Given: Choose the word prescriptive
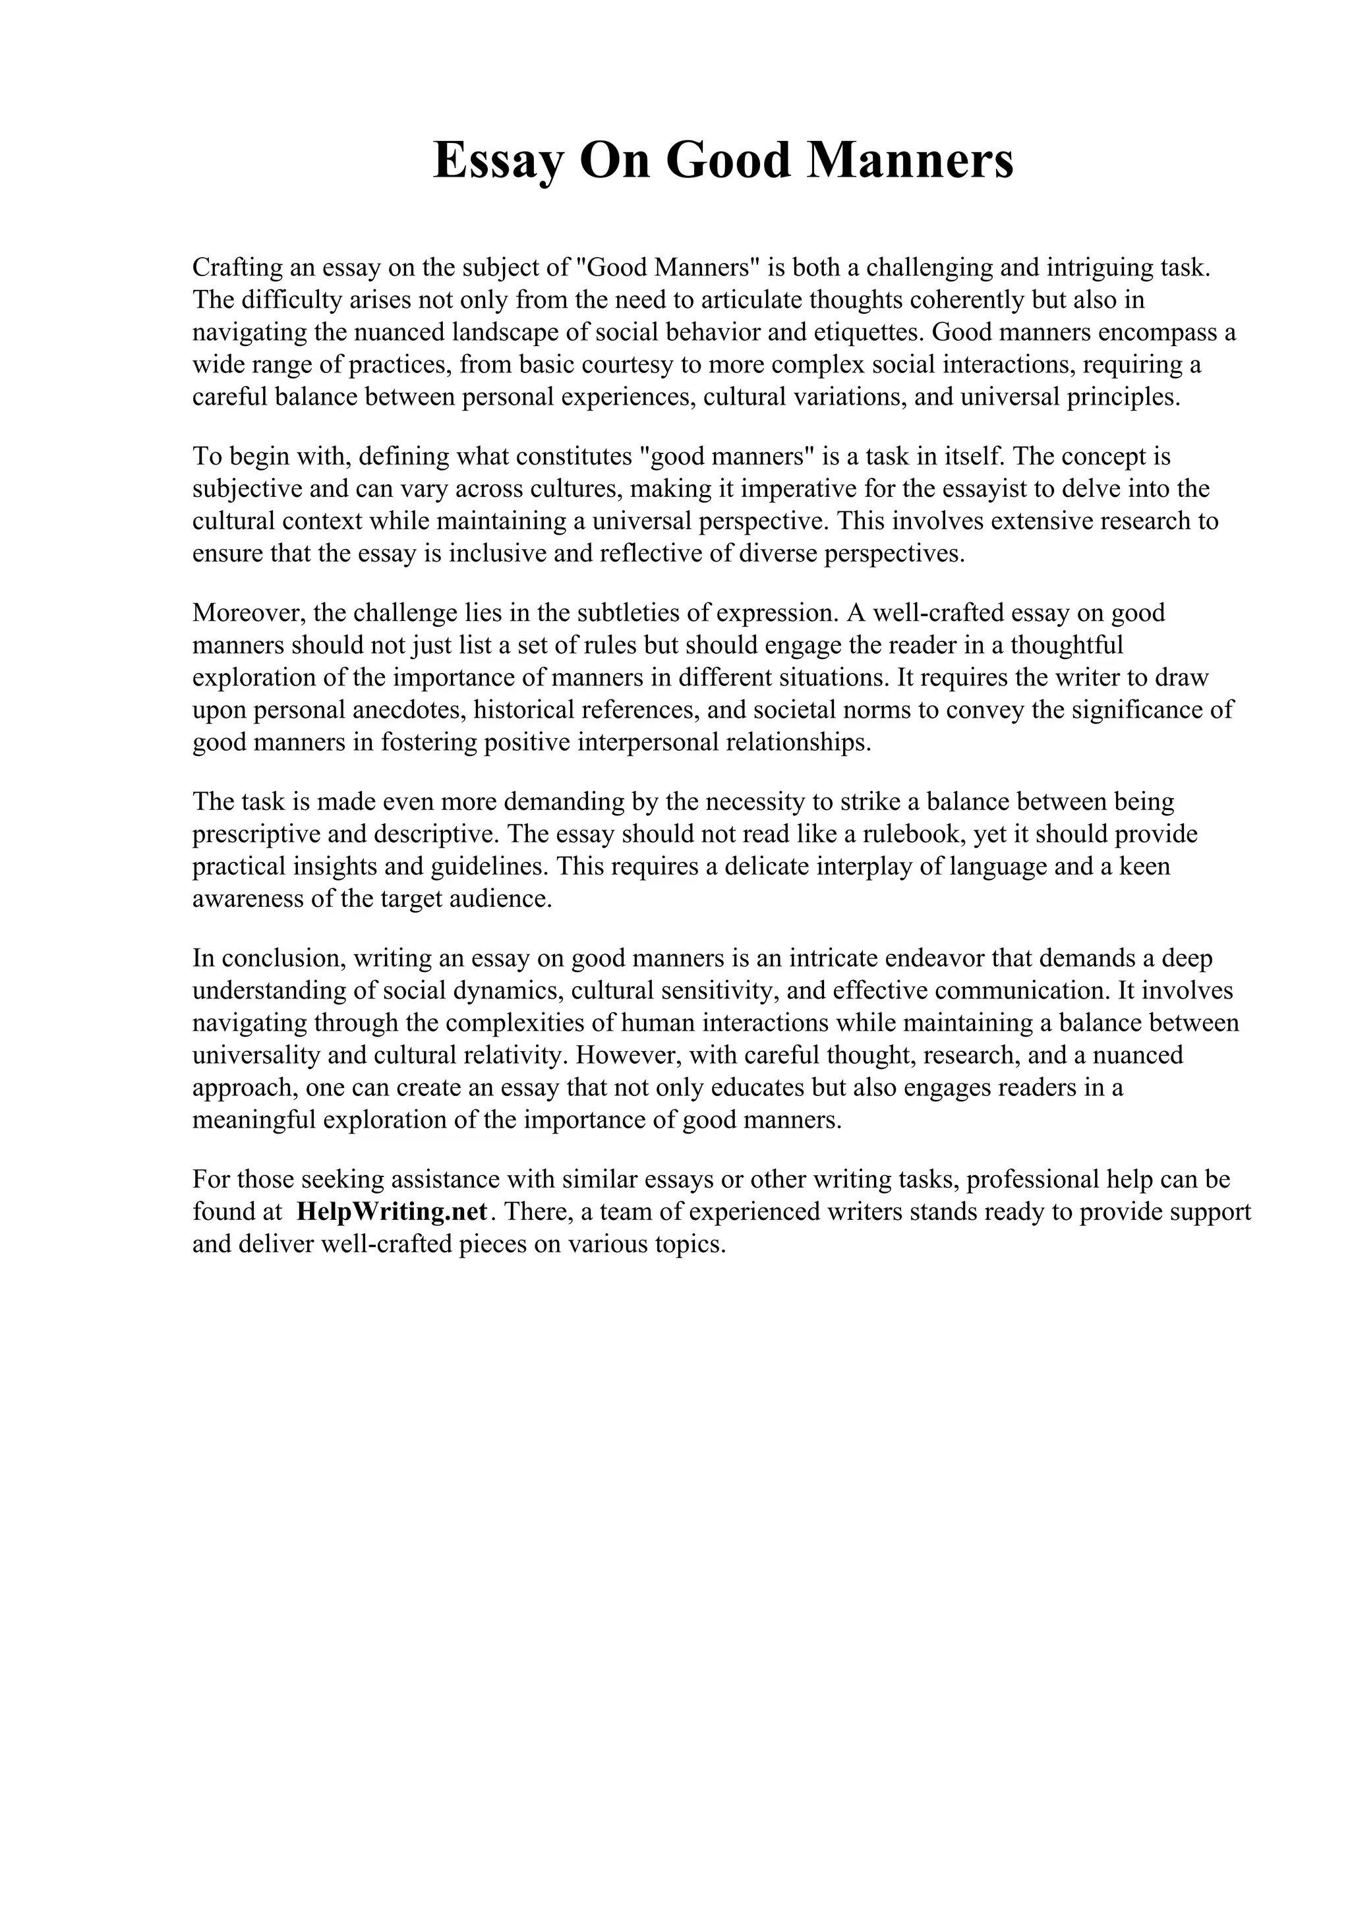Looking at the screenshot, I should pos(251,834).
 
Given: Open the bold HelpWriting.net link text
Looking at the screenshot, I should pos(392,1212).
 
